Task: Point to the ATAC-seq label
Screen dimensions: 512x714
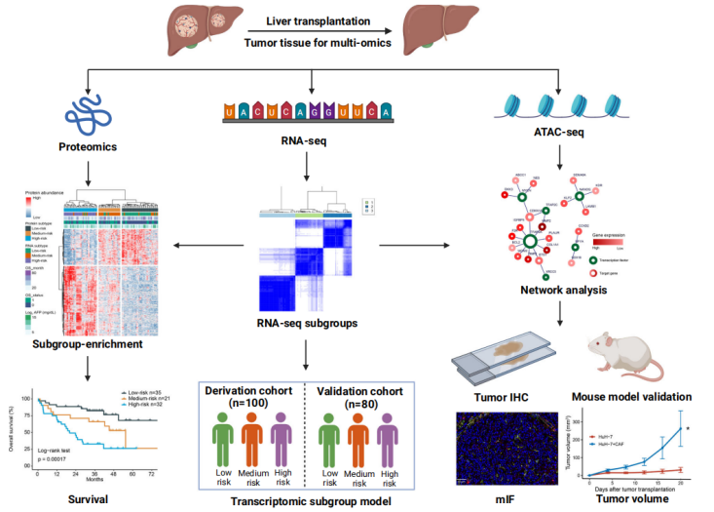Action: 559,128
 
